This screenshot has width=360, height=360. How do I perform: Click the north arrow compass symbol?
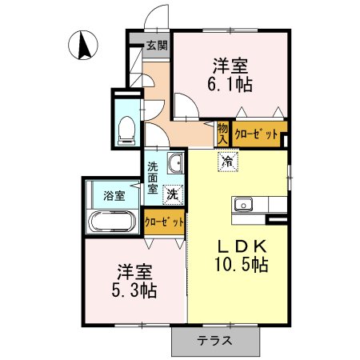84,45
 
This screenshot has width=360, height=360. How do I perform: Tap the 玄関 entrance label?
156,46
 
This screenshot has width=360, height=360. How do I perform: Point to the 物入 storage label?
223,132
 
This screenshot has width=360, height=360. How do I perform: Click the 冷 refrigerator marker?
229,161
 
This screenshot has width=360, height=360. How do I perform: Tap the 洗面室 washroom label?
154,178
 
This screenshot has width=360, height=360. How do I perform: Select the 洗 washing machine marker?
172,194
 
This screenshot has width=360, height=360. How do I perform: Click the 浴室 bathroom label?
114,195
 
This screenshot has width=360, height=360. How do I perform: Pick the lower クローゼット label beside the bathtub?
165,221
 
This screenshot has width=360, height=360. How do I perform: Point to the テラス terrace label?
215,341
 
